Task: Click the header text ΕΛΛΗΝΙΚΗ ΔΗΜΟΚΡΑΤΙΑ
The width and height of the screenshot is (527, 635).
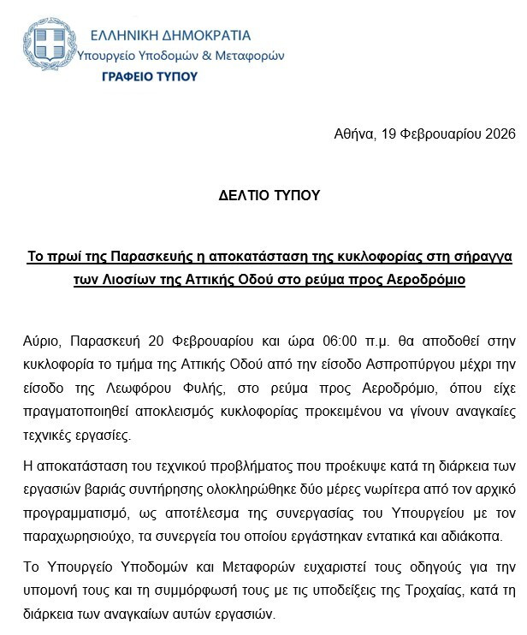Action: click(172, 35)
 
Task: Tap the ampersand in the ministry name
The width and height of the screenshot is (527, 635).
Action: click(208, 55)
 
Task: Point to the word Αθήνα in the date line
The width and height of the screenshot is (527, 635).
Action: click(351, 134)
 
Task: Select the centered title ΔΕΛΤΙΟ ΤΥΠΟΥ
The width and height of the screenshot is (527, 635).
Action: click(268, 195)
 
